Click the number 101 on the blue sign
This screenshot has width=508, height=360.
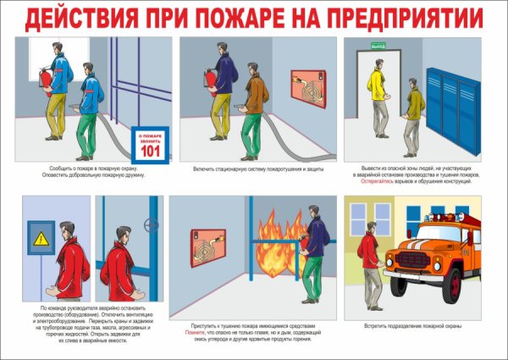(x=149, y=151)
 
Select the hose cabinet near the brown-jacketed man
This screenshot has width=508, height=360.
(x=307, y=86)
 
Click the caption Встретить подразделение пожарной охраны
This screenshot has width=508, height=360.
(x=422, y=325)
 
